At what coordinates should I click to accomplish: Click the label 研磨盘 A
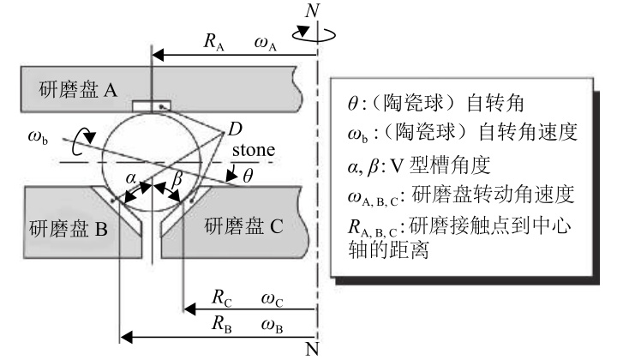77,88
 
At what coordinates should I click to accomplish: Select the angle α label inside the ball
131,177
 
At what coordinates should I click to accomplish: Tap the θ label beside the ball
249,178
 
